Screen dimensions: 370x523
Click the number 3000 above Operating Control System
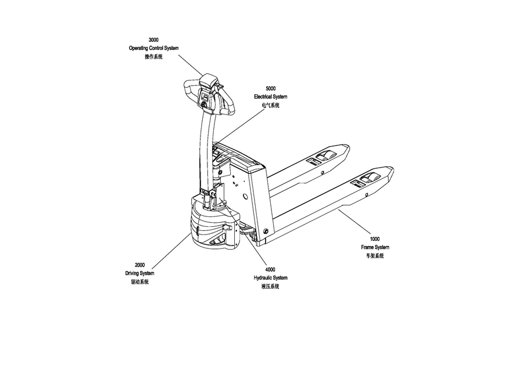153,40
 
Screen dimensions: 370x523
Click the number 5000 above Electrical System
270,88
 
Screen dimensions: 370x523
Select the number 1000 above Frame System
375,239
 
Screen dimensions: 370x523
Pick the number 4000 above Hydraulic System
270,270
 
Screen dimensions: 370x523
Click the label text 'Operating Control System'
153,48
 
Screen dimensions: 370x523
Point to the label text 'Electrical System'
270,97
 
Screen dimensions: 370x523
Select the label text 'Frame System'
375,247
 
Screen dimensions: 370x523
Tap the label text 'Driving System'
140,273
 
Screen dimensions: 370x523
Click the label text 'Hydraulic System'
270,278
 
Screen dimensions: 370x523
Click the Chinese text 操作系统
153,57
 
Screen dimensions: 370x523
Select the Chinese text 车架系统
375,256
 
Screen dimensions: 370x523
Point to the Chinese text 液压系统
270,287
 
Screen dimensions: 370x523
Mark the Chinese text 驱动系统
140,282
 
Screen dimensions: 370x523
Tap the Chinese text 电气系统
270,105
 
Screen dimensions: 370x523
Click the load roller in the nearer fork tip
371,178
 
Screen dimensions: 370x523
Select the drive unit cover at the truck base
212,227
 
